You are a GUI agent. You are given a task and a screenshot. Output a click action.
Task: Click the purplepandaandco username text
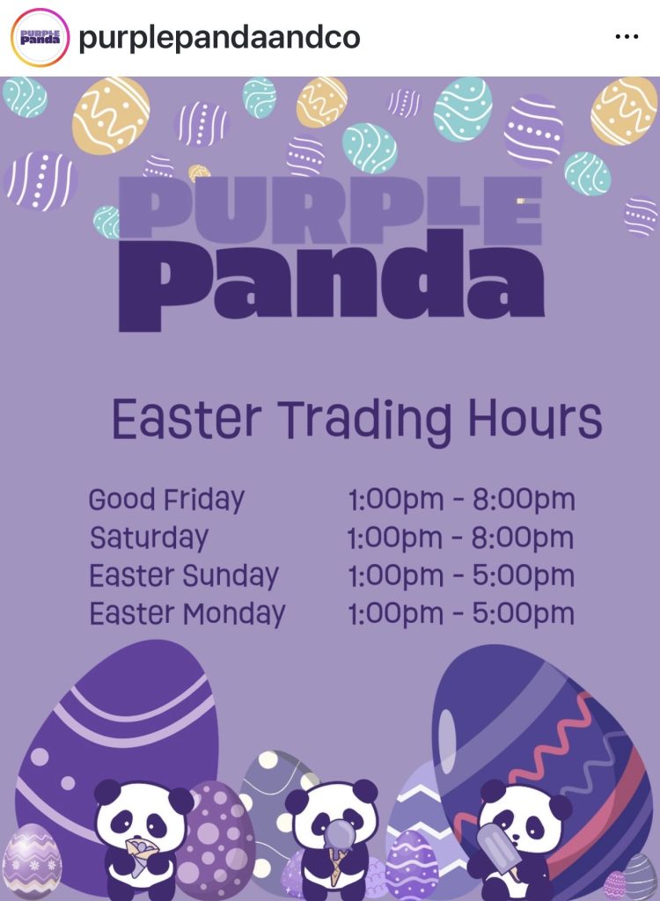tap(219, 38)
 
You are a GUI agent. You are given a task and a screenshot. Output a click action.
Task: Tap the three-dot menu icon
tap(627, 37)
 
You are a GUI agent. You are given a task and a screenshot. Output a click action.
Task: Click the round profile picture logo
tap(40, 38)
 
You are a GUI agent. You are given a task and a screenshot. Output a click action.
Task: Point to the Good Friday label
tap(166, 500)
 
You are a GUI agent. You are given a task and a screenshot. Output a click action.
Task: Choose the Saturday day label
tap(149, 538)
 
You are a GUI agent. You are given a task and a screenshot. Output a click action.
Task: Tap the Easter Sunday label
tap(184, 576)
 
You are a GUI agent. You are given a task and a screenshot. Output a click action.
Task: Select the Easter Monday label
tap(187, 614)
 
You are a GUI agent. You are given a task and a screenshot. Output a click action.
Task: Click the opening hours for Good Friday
tap(461, 500)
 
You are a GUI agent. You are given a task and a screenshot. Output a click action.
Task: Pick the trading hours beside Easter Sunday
tap(461, 576)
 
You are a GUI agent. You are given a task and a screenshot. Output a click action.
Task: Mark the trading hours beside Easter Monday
tap(461, 614)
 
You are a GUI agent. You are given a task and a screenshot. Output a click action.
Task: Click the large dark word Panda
tap(331, 281)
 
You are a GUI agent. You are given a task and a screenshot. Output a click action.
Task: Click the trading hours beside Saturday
tap(461, 538)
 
